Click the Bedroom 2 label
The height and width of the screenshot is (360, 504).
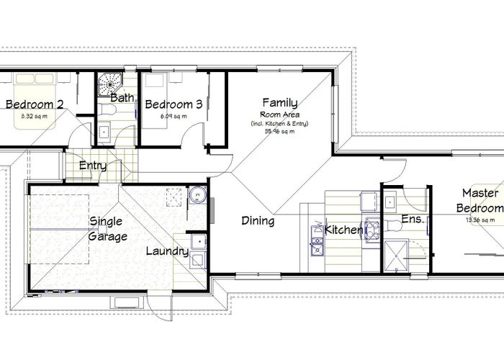pyautogui.click(x=35, y=104)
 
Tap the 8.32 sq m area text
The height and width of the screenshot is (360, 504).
pyautogui.click(x=35, y=115)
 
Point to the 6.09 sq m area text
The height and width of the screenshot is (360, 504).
pyautogui.click(x=174, y=115)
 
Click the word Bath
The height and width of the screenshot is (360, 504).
pyautogui.click(x=121, y=97)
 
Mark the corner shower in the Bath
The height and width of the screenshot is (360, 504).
pyautogui.click(x=111, y=81)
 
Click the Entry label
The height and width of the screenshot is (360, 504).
pyautogui.click(x=93, y=166)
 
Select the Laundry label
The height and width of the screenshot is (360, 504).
pyautogui.click(x=167, y=251)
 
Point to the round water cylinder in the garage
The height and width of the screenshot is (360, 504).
pyautogui.click(x=197, y=194)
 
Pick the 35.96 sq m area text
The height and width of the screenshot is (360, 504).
pyautogui.click(x=279, y=132)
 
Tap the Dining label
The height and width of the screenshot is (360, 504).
pyautogui.click(x=257, y=221)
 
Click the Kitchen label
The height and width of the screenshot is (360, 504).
pyautogui.click(x=344, y=230)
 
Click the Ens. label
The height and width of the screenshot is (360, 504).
pyautogui.click(x=412, y=220)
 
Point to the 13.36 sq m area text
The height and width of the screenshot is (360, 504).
pyautogui.click(x=480, y=220)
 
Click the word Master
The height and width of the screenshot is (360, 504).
pyautogui.click(x=480, y=193)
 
